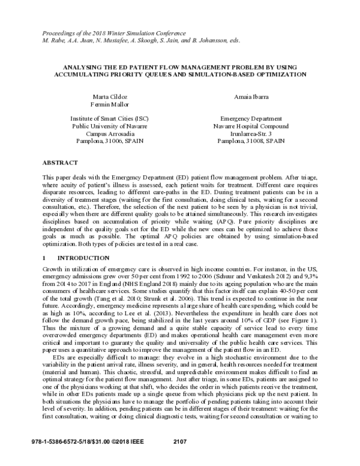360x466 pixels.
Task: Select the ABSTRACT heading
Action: (x=60, y=163)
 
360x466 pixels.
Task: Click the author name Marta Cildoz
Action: (x=107, y=96)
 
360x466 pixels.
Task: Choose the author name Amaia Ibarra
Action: (x=251, y=96)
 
